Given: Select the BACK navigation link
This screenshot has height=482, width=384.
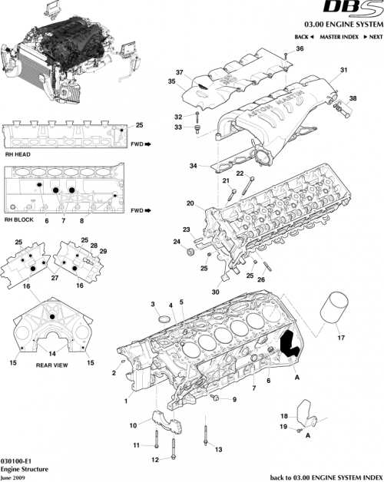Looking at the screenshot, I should point(301,37).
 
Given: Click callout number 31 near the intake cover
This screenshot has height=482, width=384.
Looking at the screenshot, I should point(344,71).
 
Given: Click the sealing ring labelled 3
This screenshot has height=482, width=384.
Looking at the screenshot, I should point(164,318).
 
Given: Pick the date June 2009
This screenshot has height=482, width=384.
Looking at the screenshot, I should point(15,476).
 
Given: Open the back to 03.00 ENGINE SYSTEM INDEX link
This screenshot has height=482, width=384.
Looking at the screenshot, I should point(327,477).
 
